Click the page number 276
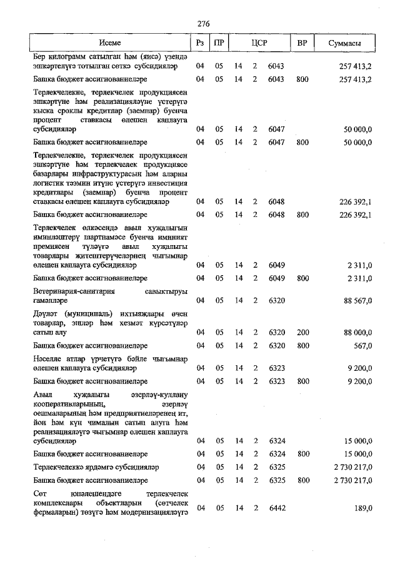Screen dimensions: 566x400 click(x=203, y=24)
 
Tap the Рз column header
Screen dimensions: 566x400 click(x=200, y=43)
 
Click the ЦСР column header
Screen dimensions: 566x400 click(x=259, y=43)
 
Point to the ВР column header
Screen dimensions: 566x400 click(x=302, y=43)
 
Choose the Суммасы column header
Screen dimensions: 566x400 click(x=348, y=43)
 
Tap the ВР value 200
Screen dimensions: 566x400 click(x=302, y=331)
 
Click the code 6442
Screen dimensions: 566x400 click(x=276, y=508)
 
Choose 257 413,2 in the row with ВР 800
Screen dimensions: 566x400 click(x=355, y=79)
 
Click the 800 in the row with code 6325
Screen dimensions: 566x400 click(x=302, y=480)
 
